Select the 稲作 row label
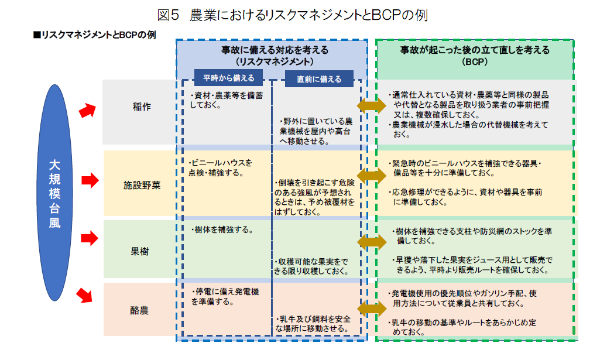pos(141,107)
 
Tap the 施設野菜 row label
pos(141,184)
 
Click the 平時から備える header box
pos(229,78)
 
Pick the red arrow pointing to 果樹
pos(89,238)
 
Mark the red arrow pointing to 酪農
pos(86,294)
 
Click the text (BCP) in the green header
pos(474,61)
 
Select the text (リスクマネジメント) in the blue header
pos(274,61)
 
